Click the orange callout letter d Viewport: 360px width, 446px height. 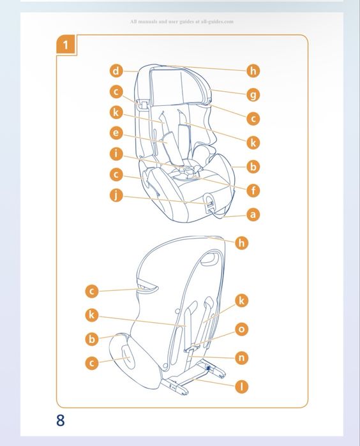116,71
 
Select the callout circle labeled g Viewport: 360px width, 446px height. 253,94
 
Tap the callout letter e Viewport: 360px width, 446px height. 116,133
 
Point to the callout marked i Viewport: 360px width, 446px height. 116,154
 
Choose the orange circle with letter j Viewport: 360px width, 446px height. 116,195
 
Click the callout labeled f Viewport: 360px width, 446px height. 253,190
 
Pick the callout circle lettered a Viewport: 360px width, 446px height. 253,214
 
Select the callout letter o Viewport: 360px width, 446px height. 241,329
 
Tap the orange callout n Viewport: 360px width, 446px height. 241,357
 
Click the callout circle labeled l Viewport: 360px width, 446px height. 241,387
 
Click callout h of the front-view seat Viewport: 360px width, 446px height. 253,71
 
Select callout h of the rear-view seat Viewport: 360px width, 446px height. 241,243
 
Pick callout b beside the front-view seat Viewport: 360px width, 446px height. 253,167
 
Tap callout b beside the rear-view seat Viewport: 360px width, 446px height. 92,339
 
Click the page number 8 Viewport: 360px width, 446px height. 61,420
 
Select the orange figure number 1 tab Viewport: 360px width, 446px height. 66,45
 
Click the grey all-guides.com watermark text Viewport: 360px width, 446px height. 182,22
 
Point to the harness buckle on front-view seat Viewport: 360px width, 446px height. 186,170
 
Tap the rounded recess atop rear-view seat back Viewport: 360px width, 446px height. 209,260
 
